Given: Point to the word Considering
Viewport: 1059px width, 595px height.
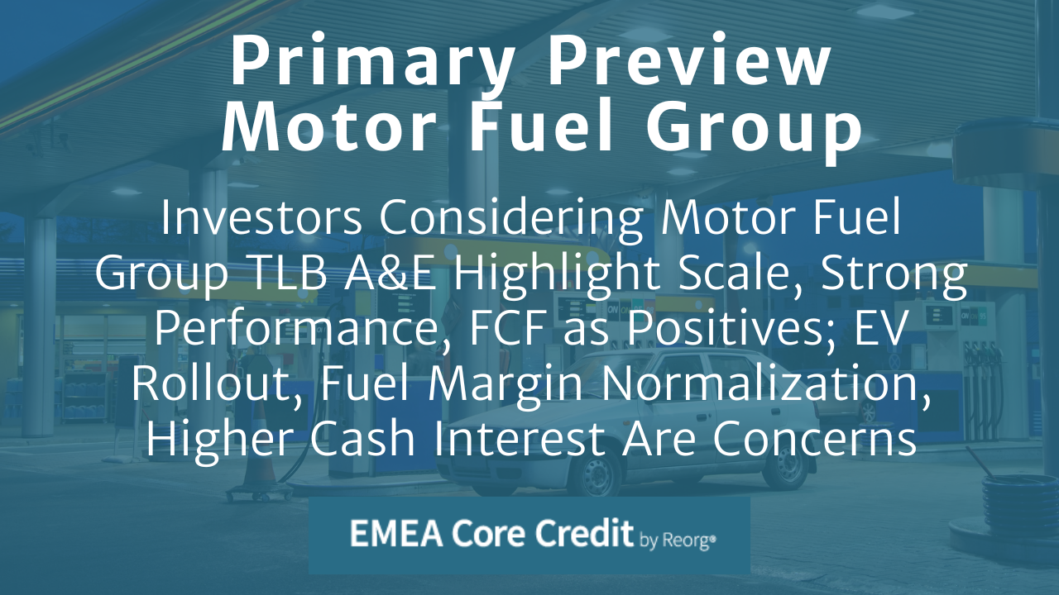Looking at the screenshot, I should click(509, 218).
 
